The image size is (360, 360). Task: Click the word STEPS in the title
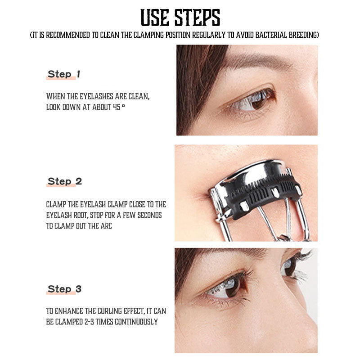point(197,18)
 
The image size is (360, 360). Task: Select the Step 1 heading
point(64,74)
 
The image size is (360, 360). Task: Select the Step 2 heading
point(64,182)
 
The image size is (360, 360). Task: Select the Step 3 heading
point(64,289)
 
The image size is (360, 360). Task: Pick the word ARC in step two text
point(106,226)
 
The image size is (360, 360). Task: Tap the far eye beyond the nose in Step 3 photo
point(290,266)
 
